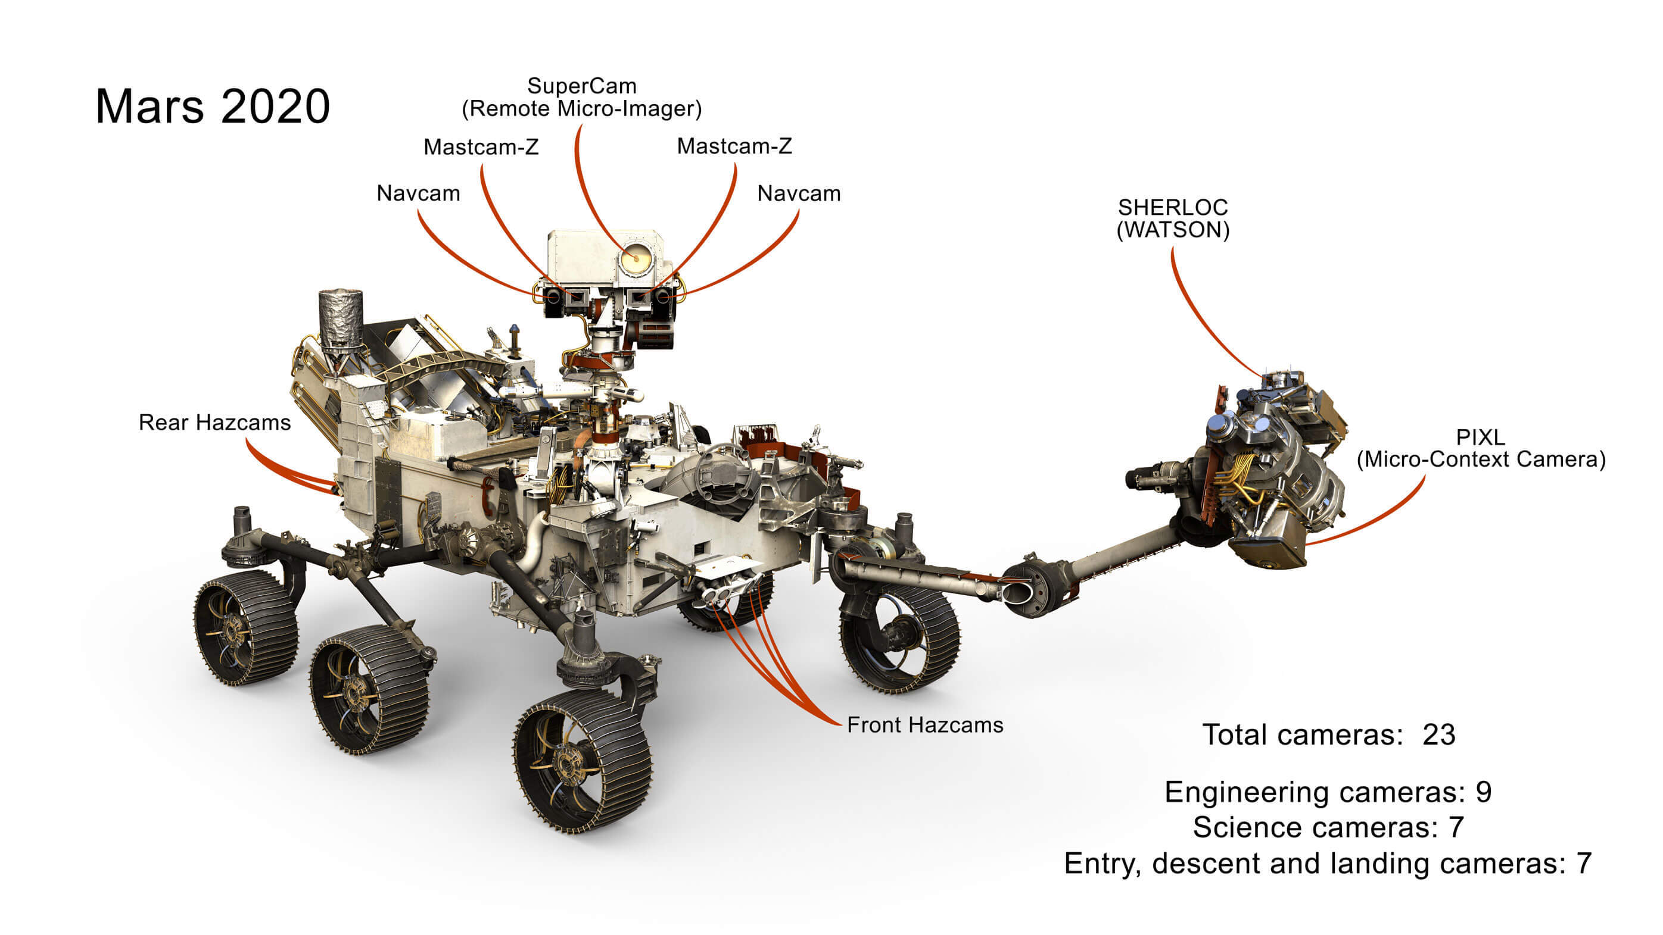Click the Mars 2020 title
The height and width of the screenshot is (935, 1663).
click(x=213, y=107)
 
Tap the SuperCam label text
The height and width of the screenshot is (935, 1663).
click(x=582, y=98)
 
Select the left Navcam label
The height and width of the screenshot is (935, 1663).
click(x=418, y=193)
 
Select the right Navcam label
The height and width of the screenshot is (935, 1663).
click(x=799, y=193)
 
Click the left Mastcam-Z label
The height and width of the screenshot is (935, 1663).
click(x=481, y=147)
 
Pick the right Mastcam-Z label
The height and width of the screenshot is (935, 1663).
click(x=734, y=146)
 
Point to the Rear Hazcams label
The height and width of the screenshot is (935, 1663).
click(x=214, y=423)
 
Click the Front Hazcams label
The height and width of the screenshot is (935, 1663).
click(x=924, y=726)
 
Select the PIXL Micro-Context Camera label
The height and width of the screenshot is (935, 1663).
click(x=1481, y=449)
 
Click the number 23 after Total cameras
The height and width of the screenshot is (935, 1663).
click(x=1439, y=735)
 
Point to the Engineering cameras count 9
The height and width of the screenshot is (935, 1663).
click(x=1484, y=792)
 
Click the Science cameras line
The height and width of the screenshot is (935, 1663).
click(x=1328, y=828)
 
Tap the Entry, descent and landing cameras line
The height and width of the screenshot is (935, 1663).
click(x=1327, y=864)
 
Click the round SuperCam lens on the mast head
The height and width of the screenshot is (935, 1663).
click(x=636, y=258)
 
